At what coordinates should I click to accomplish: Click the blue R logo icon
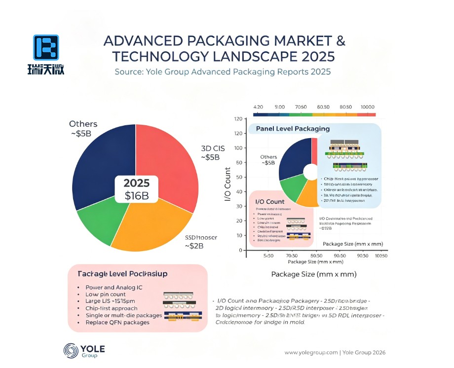coord(46,48)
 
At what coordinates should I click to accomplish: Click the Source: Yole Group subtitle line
coord(223,72)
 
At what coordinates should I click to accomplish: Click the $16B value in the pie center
coord(136,196)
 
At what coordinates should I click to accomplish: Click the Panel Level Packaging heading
coord(293,129)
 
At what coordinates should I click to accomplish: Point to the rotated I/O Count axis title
coord(227,184)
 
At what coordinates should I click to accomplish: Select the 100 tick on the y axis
coord(238,148)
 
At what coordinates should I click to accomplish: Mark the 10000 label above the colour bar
coord(368,107)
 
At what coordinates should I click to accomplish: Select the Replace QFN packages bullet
coord(117,322)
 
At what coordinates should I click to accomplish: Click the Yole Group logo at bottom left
coord(84,351)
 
